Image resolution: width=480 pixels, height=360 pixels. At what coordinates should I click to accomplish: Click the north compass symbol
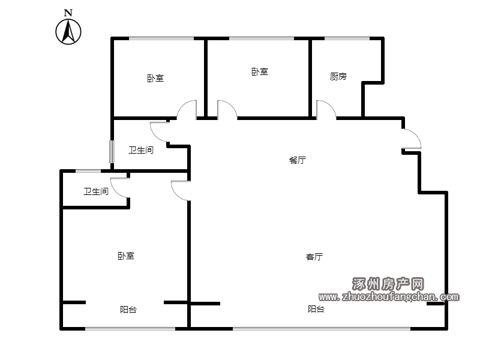click(x=68, y=32)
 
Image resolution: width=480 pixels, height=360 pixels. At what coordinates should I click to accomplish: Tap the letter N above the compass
click(x=68, y=13)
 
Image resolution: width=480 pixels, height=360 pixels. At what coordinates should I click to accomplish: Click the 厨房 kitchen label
click(x=338, y=76)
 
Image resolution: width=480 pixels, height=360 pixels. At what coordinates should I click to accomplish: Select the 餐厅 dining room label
click(x=297, y=160)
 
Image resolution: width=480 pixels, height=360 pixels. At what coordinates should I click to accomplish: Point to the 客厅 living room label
click(x=314, y=257)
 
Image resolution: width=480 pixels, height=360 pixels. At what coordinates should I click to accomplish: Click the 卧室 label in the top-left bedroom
click(x=155, y=79)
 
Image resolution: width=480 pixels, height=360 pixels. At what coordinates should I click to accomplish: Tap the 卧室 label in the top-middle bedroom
click(x=260, y=72)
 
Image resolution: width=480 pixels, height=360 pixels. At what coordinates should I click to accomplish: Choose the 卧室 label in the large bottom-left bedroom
click(x=126, y=256)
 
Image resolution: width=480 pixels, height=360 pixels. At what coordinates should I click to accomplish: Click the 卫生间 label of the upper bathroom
click(x=141, y=150)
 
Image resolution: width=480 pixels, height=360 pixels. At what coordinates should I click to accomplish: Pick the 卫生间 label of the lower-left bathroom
click(x=96, y=191)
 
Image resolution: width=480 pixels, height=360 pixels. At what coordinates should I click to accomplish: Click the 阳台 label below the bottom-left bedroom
click(x=128, y=310)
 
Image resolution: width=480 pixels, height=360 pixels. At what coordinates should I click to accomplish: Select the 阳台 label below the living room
click(x=316, y=309)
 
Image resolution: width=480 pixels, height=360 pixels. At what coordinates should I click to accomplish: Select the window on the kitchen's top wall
click(x=347, y=38)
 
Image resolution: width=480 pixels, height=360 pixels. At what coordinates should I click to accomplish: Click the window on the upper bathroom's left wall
click(x=112, y=152)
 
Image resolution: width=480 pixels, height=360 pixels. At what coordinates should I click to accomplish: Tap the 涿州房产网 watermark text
click(x=388, y=284)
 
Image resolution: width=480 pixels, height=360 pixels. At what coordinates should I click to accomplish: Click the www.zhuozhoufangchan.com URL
click(x=389, y=296)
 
